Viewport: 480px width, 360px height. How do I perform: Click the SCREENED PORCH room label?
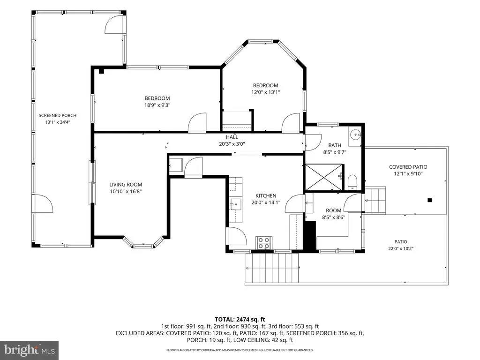click(58, 115)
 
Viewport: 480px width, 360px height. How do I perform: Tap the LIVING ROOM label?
click(126, 185)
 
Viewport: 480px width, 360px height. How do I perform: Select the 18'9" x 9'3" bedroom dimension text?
click(157, 105)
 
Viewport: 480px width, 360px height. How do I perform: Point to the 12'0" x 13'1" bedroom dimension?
click(266, 92)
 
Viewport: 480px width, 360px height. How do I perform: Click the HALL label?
click(232, 137)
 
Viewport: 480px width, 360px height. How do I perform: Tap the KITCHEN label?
click(266, 195)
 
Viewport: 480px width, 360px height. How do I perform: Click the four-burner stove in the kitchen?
click(264, 243)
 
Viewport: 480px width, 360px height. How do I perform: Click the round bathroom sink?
click(355, 134)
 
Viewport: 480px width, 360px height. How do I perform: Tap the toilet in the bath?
click(352, 182)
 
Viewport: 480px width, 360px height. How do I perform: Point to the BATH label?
click(335, 145)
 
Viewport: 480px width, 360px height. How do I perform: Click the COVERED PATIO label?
click(408, 167)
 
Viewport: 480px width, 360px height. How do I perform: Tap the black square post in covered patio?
click(429, 200)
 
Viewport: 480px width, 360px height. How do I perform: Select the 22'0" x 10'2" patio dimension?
click(401, 248)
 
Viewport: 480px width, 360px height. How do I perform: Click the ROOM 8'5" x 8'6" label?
click(333, 214)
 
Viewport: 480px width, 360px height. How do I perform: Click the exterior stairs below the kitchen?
click(272, 269)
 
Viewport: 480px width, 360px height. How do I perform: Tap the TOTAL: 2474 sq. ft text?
click(240, 320)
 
